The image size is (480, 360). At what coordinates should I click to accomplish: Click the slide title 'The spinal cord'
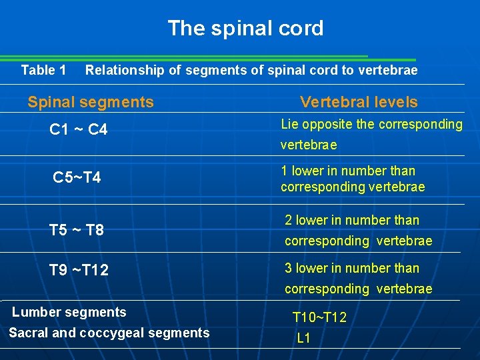(245, 28)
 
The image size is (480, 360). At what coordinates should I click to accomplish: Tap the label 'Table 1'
(43, 70)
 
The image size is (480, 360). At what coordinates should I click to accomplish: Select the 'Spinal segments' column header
(91, 102)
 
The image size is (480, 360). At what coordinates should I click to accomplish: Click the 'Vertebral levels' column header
(359, 102)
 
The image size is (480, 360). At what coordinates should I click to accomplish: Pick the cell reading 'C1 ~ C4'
(79, 130)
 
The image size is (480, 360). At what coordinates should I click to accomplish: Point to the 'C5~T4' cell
(77, 178)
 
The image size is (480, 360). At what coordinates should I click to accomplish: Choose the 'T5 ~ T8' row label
(77, 230)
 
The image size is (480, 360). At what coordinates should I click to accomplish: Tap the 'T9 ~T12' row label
(79, 270)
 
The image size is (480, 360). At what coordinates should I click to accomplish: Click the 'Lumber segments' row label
(69, 312)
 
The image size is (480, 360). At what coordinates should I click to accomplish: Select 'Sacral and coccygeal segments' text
(109, 333)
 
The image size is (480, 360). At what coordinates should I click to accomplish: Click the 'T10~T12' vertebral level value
(320, 318)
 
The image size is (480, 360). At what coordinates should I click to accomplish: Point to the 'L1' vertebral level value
(304, 338)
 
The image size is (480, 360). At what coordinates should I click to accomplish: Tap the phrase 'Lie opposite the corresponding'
(371, 124)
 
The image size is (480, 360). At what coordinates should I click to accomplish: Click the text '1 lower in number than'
(348, 171)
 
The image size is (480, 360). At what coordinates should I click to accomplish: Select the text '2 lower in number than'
(352, 220)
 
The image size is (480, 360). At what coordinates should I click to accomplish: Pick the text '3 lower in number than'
(352, 268)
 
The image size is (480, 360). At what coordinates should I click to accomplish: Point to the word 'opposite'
(321, 124)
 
